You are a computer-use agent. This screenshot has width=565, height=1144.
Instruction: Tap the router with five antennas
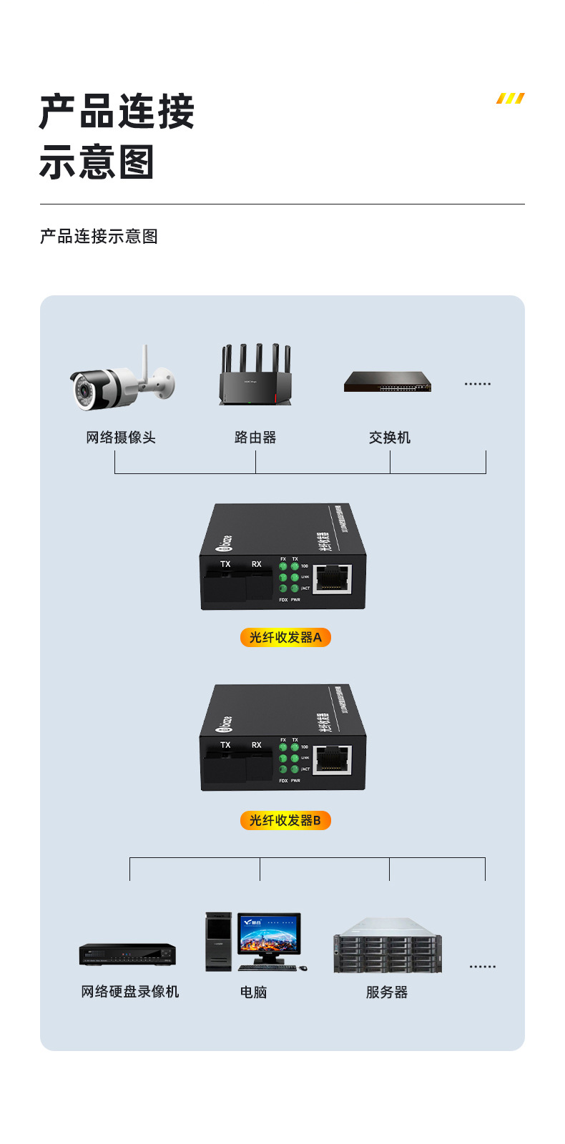255,377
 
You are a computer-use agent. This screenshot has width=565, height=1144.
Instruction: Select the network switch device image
388,382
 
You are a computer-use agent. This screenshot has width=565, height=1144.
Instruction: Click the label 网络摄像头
121,438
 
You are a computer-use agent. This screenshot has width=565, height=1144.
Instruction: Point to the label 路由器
255,438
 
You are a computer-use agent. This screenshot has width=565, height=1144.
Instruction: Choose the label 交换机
390,438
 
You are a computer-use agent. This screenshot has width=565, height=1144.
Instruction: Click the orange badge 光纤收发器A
285,637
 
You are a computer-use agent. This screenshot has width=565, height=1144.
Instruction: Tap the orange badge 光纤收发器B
285,820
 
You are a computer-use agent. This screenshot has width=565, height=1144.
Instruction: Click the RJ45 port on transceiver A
333,578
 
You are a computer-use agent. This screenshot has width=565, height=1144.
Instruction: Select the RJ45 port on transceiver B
333,759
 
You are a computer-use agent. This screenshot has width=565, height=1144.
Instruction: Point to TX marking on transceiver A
225,564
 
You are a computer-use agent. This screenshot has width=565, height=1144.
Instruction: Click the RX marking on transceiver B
256,745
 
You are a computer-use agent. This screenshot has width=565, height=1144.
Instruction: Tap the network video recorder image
127,955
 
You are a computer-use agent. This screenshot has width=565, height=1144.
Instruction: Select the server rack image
387,946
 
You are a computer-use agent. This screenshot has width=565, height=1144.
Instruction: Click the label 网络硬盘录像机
129,992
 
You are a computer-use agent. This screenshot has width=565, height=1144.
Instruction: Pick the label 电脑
253,992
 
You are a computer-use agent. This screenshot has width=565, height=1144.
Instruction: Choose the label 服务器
387,992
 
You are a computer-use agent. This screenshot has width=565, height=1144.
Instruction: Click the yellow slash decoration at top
511,98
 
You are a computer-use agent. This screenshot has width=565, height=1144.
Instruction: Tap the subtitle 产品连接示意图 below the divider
99,237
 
